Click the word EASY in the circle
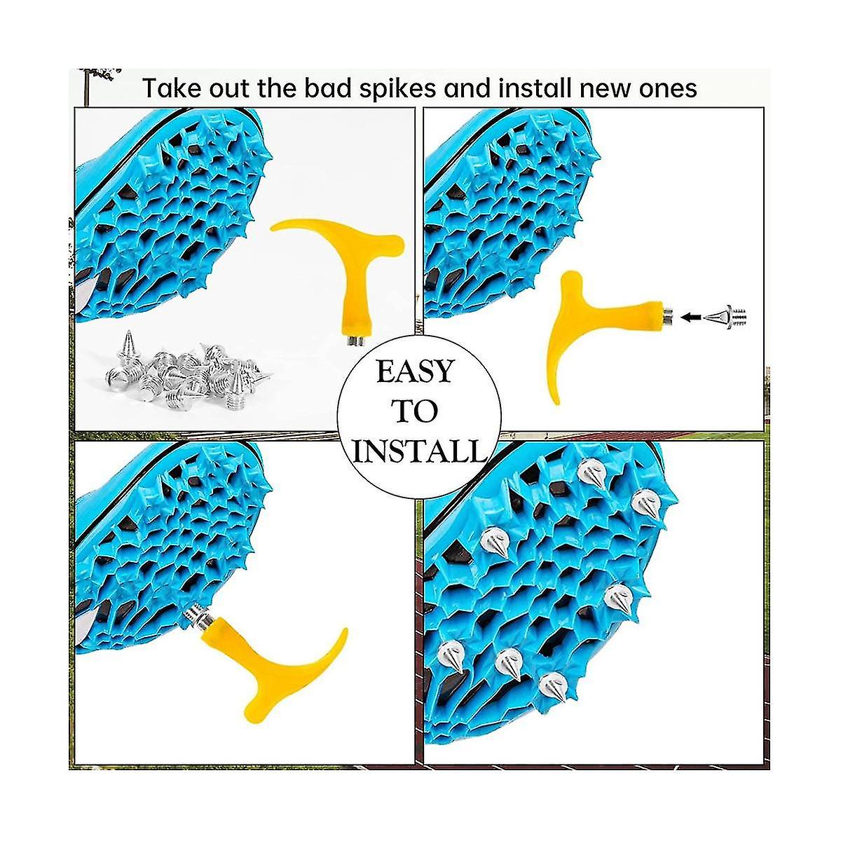click(415, 371)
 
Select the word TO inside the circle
click(415, 411)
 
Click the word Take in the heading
click(171, 89)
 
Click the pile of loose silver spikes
click(186, 368)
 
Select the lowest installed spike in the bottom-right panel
click(554, 684)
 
